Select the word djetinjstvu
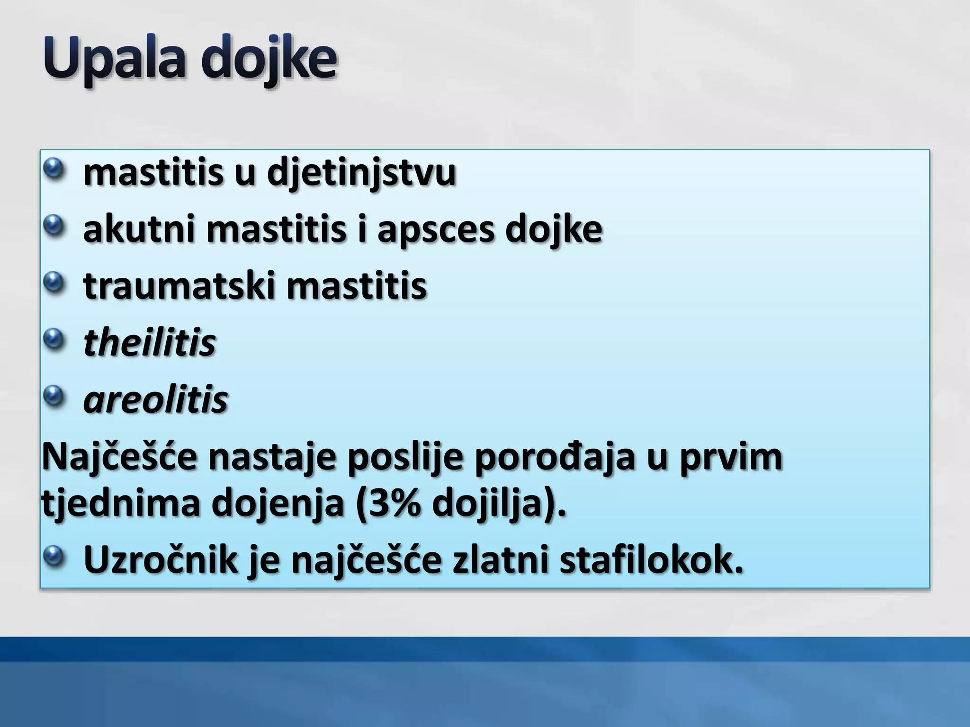[x=361, y=173]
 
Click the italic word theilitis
[x=150, y=343]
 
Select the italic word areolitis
[x=155, y=399]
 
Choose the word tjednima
[x=121, y=504]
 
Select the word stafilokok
[x=651, y=560]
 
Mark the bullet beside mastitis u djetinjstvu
[x=55, y=169]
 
